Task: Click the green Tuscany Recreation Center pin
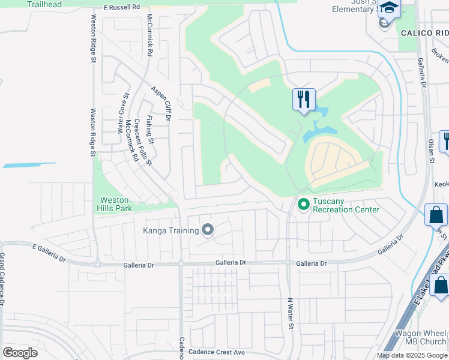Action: point(303,205)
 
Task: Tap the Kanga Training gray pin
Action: point(208,230)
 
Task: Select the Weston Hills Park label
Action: point(114,204)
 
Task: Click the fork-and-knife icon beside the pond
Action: point(304,98)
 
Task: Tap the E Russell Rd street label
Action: point(121,8)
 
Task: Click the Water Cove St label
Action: point(122,113)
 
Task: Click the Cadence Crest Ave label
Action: point(217,352)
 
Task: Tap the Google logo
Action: point(20,353)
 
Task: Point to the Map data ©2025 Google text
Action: point(412,355)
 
